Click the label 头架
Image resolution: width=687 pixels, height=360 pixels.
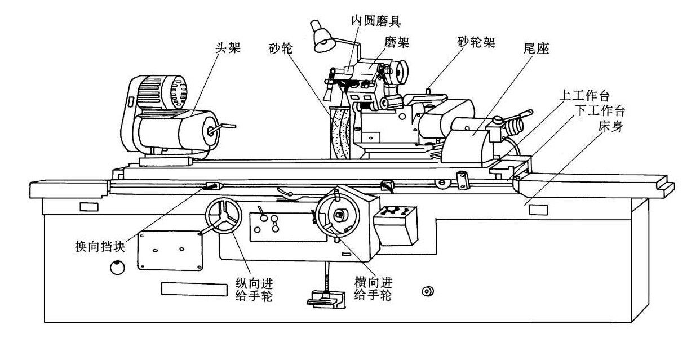pos(229,47)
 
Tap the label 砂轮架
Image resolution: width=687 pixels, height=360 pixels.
pos(476,43)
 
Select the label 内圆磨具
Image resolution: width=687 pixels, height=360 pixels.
pos(376,21)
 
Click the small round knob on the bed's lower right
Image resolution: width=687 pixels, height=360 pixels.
pos(428,291)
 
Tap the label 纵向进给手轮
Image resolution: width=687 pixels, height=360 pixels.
pos(253,288)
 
